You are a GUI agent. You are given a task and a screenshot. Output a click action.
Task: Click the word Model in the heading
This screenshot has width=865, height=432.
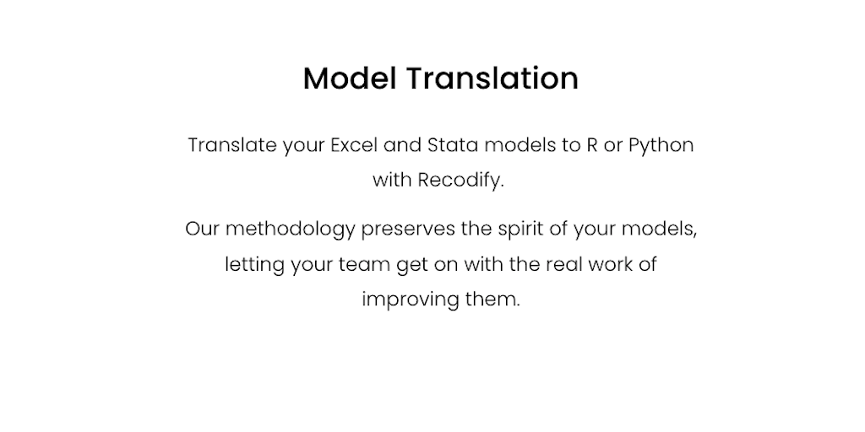[350, 78]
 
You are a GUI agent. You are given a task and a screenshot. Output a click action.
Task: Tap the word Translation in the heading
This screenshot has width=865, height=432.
[492, 78]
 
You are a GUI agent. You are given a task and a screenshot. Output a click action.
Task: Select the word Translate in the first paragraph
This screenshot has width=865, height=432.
[232, 145]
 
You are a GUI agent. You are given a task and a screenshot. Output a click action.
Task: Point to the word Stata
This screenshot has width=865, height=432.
[453, 145]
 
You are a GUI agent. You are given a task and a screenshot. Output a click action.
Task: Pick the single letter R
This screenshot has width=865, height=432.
[592, 145]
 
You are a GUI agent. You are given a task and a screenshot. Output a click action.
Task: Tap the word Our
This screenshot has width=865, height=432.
[203, 229]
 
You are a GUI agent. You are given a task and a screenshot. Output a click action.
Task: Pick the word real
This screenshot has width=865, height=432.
[563, 264]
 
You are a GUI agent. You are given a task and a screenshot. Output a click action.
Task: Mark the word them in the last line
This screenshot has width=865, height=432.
[492, 300]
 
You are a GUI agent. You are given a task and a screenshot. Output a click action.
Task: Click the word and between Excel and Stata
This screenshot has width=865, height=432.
[402, 145]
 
